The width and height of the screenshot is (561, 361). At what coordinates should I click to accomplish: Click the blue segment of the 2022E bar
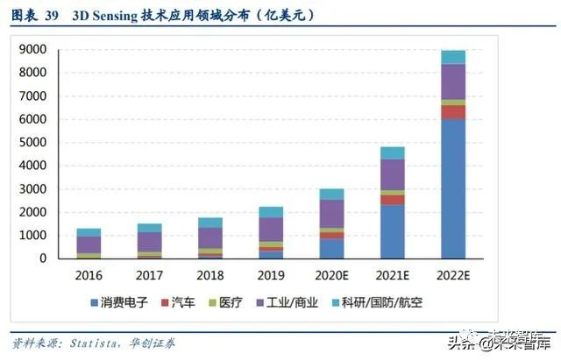point(452,188)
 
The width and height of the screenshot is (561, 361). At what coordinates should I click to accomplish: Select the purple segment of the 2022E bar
point(452,81)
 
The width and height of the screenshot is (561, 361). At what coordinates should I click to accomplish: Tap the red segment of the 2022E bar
point(452,112)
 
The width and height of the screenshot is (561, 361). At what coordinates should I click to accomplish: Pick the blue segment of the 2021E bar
point(392,231)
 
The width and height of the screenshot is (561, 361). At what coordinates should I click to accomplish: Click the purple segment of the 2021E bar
point(392,174)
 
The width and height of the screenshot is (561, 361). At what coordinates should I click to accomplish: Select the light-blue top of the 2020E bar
point(331,194)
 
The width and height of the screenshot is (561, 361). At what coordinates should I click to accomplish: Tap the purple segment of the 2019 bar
point(271,229)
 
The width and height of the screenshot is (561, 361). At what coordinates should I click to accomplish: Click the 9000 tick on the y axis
point(32,50)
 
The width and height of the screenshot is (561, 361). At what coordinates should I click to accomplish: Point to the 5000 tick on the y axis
point(32,143)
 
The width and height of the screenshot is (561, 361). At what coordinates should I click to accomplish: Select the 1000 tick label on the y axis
point(32,236)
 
